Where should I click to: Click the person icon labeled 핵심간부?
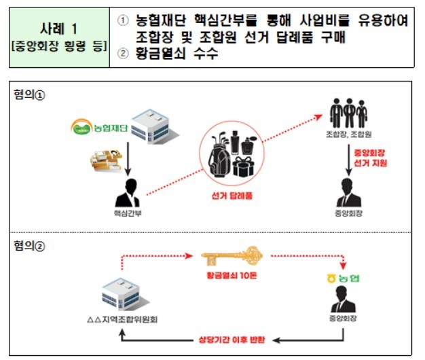click(127, 193)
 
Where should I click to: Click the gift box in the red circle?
click(248, 164)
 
